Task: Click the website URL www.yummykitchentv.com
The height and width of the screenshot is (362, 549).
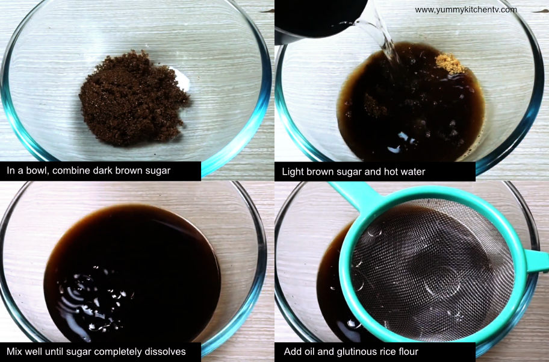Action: click(x=465, y=10)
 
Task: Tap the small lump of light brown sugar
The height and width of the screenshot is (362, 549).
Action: click(x=450, y=63)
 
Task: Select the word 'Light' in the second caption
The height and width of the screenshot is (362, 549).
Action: click(x=293, y=172)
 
